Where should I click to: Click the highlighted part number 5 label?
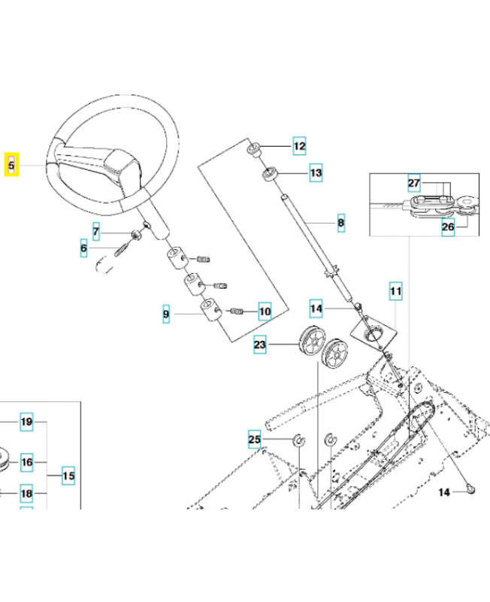12,165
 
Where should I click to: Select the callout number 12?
299,145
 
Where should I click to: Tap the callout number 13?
316,174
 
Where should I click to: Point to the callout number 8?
340,223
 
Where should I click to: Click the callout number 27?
413,183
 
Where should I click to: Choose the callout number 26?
448,227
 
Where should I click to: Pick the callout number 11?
395,289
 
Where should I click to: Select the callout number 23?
260,345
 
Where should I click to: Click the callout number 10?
264,310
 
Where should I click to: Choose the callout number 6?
84,248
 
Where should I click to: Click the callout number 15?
68,476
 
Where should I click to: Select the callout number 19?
26,422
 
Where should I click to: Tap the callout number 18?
26,494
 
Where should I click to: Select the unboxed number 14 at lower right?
443,492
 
